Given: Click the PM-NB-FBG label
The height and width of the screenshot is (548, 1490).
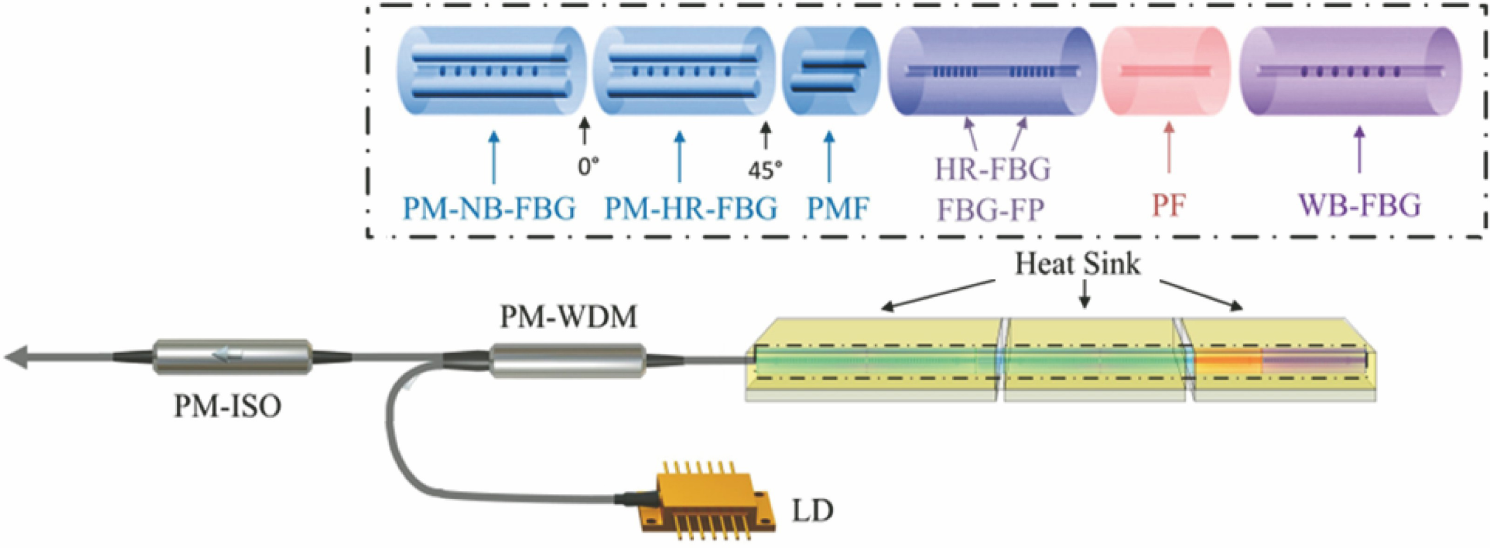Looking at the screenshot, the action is [489, 208].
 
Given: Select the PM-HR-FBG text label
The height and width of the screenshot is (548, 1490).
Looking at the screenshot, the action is [691, 208].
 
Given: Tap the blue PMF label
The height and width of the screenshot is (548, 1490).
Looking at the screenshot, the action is [838, 208].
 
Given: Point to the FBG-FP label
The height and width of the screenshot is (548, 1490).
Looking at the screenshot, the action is [991, 210].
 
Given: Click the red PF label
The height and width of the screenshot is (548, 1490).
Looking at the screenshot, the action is [1169, 206].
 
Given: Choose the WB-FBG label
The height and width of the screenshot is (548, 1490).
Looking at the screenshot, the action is [1360, 204].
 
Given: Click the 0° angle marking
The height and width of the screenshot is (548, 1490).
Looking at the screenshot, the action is [588, 167].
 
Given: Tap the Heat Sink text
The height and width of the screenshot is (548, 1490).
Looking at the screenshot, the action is [1078, 264].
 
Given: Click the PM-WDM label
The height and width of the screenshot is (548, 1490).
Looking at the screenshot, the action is [569, 317].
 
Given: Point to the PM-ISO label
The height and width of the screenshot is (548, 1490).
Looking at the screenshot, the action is [228, 406].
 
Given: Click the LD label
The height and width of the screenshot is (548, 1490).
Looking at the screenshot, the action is [813, 510].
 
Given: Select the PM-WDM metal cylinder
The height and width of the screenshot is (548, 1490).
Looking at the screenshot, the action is [568, 360].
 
